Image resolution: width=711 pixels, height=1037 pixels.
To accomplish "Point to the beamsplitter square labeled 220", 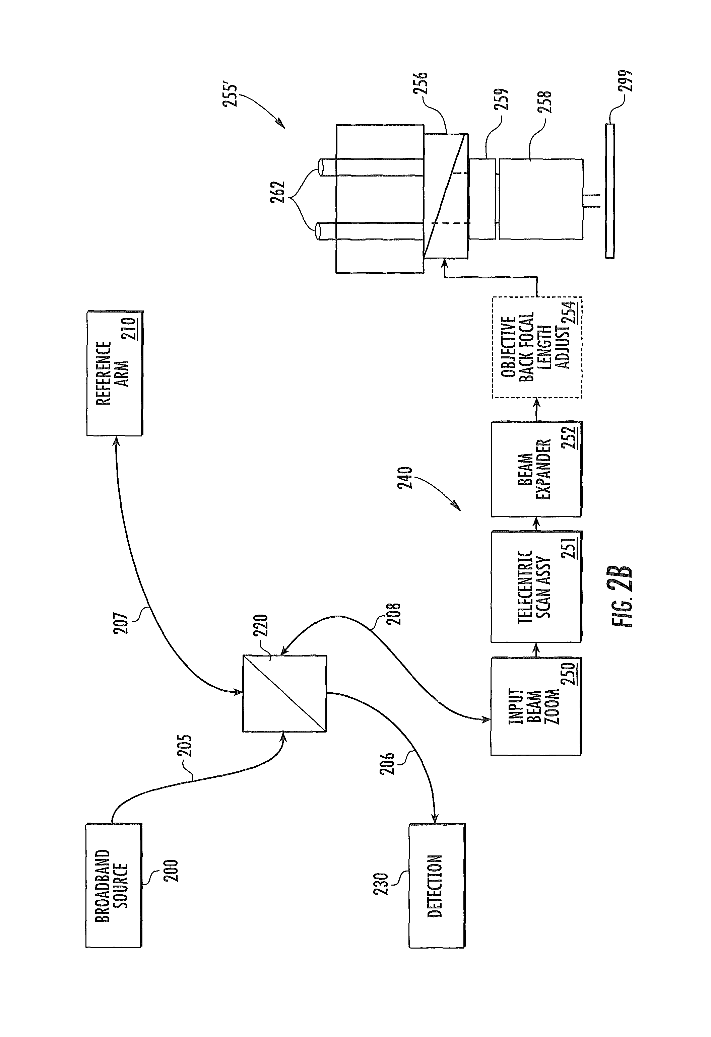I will pyautogui.click(x=284, y=693).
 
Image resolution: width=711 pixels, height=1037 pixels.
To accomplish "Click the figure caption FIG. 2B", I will pyautogui.click(x=622, y=597).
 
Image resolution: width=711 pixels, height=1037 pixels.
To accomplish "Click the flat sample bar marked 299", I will pyautogui.click(x=610, y=191).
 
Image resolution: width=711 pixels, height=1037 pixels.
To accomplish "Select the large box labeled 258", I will pyautogui.click(x=540, y=199).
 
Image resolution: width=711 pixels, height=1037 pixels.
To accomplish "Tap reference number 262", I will pyautogui.click(x=276, y=192).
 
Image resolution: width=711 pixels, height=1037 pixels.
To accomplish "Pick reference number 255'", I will pyautogui.click(x=233, y=91).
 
